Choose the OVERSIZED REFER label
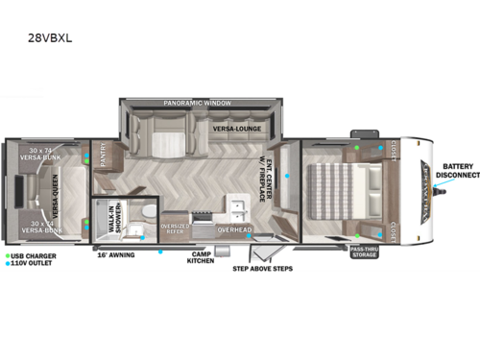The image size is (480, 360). click(175, 228)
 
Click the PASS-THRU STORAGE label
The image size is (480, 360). click(364, 252)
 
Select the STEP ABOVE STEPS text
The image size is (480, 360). click(261, 269)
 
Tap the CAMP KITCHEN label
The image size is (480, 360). click(200, 256)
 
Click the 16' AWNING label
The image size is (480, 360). click(115, 255)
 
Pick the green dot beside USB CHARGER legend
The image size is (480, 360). click(7, 256)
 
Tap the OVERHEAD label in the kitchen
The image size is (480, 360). click(234, 230)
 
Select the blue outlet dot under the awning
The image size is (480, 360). click(161, 252)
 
